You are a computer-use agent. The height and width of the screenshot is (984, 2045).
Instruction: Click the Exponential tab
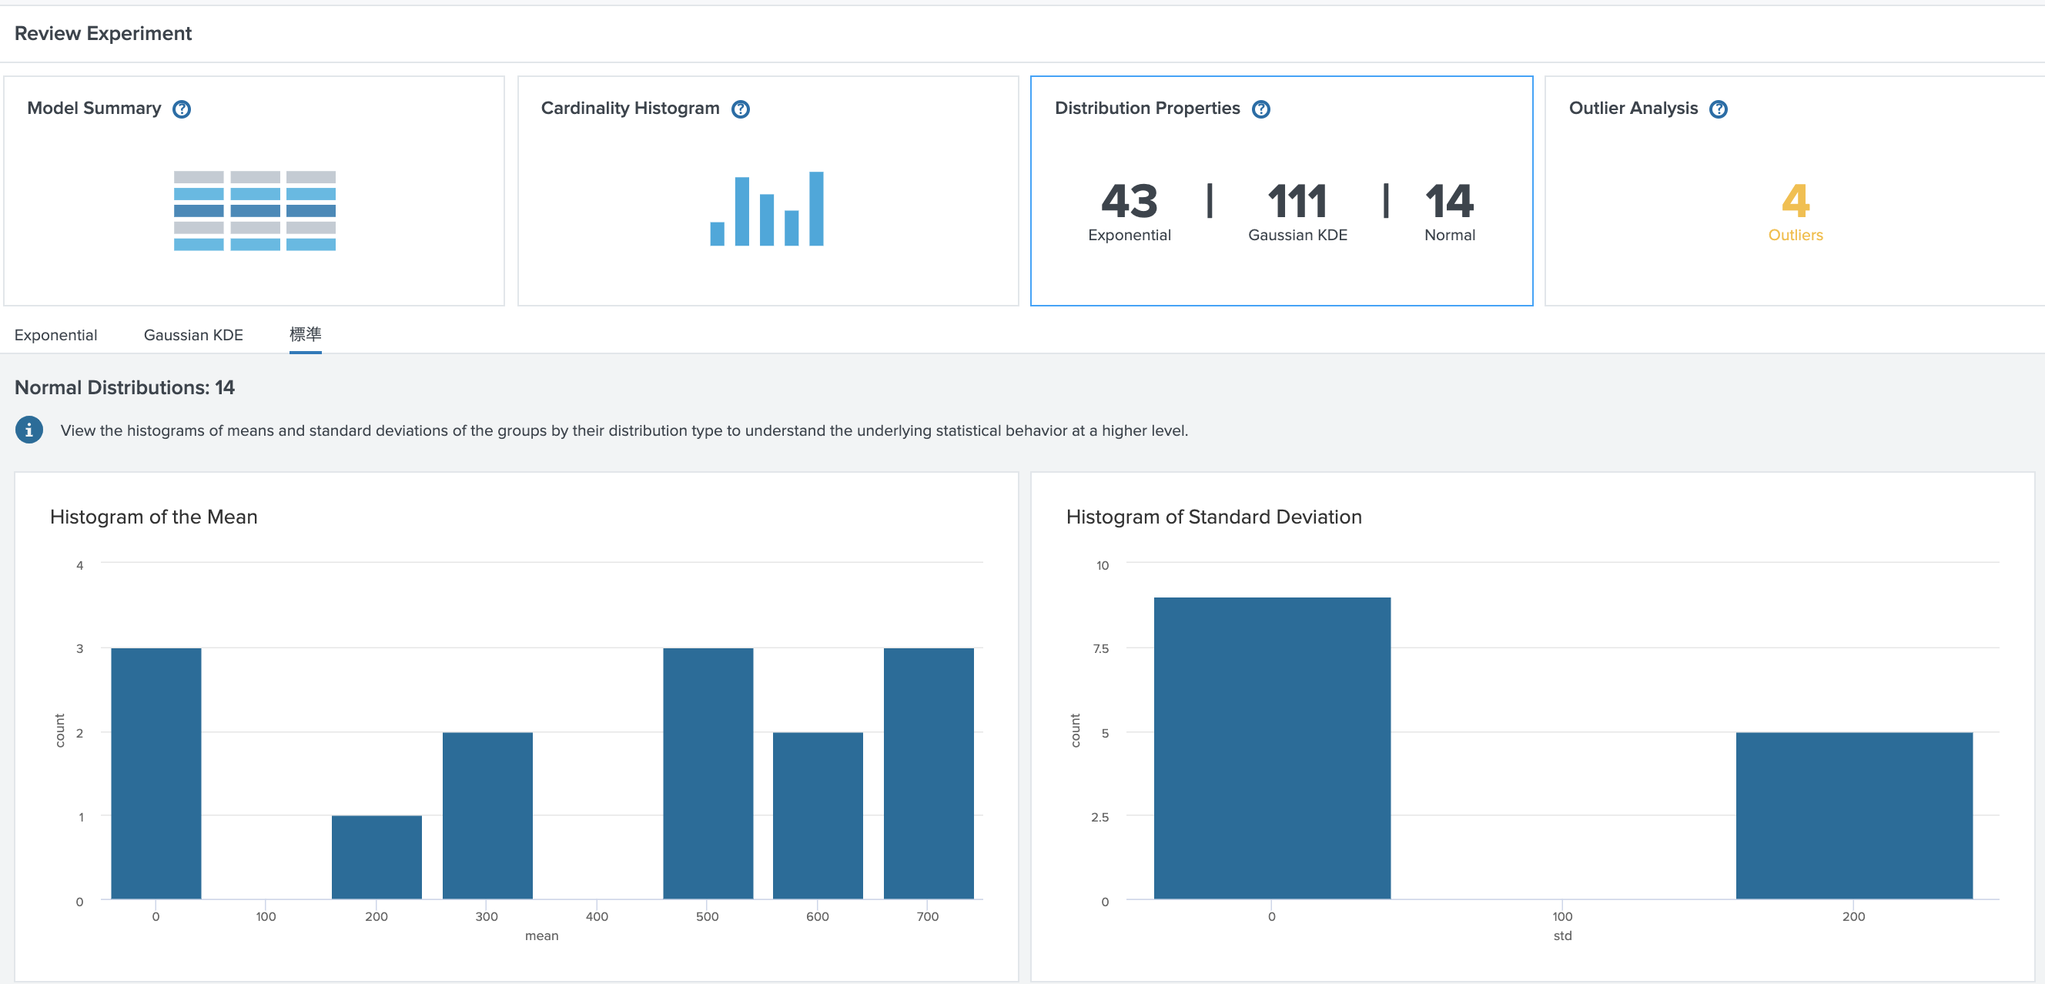pyautogui.click(x=55, y=335)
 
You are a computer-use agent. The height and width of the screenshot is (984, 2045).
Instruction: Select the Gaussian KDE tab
pyautogui.click(x=193, y=335)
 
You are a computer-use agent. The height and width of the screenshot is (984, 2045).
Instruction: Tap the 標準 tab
pyautogui.click(x=305, y=334)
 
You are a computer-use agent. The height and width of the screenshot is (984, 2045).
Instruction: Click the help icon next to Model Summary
pyautogui.click(x=182, y=109)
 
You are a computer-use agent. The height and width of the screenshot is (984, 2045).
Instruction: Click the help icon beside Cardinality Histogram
pyautogui.click(x=740, y=109)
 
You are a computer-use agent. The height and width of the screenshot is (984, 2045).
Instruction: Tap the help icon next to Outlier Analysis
pyautogui.click(x=1718, y=109)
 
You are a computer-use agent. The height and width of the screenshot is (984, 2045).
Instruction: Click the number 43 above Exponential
pyautogui.click(x=1129, y=201)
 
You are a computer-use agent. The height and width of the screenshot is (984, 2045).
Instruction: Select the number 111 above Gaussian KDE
pyautogui.click(x=1297, y=201)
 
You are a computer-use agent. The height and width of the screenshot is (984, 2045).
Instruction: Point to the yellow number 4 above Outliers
pyautogui.click(x=1795, y=201)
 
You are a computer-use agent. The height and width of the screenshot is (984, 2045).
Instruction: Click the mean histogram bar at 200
pyautogui.click(x=377, y=857)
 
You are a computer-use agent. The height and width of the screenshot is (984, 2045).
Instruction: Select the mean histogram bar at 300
pyautogui.click(x=487, y=815)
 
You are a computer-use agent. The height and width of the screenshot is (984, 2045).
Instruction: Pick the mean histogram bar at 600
pyautogui.click(x=818, y=815)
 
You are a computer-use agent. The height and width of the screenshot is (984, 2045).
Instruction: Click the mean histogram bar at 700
pyautogui.click(x=928, y=773)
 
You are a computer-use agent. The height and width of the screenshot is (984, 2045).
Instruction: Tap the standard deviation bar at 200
pyautogui.click(x=1854, y=815)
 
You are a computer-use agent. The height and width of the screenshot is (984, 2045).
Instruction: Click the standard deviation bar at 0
pyautogui.click(x=1272, y=748)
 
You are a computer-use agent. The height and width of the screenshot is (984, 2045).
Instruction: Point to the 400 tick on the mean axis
pyautogui.click(x=597, y=916)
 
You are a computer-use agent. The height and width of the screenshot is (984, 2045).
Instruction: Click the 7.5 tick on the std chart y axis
pyautogui.click(x=1100, y=648)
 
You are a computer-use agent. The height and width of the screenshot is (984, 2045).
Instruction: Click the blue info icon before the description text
pyautogui.click(x=29, y=430)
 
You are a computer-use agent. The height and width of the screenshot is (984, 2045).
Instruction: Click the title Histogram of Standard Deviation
pyautogui.click(x=1213, y=517)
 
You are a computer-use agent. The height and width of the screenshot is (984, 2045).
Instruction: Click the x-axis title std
pyautogui.click(x=1561, y=935)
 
